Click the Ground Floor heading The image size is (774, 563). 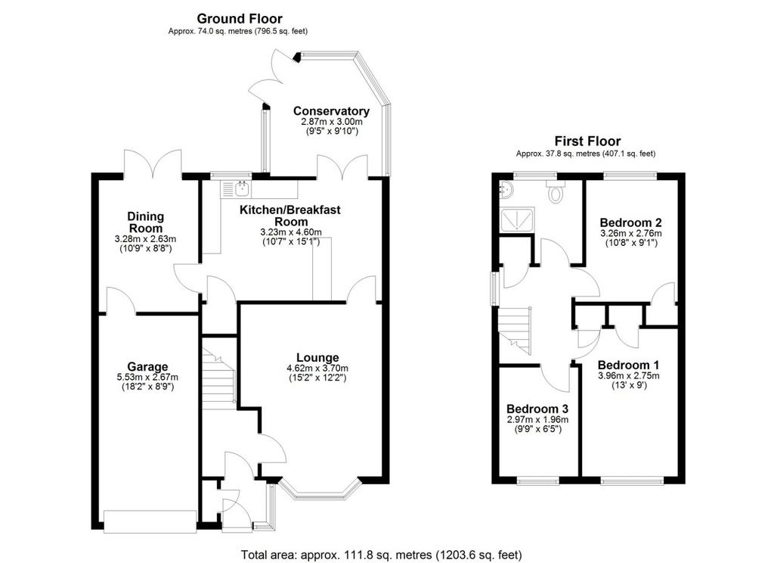[x=240, y=19]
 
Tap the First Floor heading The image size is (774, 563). [x=587, y=142]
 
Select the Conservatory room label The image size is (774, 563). [x=331, y=111]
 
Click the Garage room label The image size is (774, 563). [x=147, y=367]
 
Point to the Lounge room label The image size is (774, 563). [x=317, y=357]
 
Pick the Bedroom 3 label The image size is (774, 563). [x=537, y=409]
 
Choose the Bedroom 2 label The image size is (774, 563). [x=631, y=222]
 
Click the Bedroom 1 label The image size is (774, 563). [x=628, y=365]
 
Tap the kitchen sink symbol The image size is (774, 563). [x=236, y=189]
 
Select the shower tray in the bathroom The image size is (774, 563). [x=517, y=220]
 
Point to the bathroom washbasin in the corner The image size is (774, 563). [x=506, y=188]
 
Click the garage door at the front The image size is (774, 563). [x=150, y=521]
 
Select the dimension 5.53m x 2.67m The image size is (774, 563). [x=147, y=377]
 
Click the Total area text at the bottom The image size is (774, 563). [x=381, y=555]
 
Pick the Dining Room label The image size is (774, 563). [x=145, y=222]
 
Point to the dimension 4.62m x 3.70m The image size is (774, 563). [x=317, y=369]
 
